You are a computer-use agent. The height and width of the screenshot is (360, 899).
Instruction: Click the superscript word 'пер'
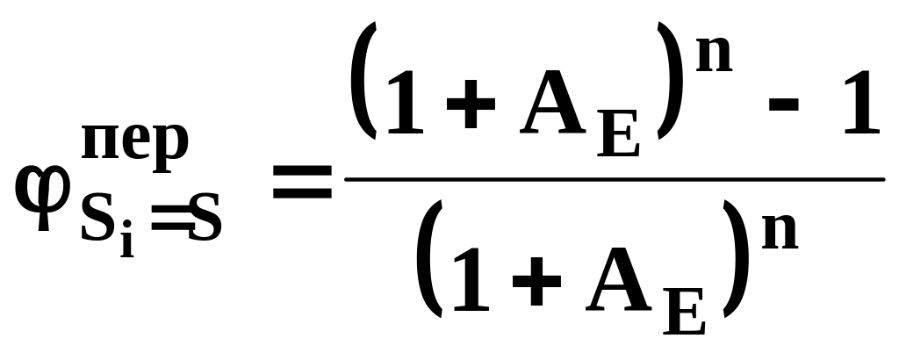134,142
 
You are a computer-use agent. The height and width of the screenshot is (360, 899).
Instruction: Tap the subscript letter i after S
127,240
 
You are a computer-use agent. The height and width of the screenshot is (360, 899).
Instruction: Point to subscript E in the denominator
685,316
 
